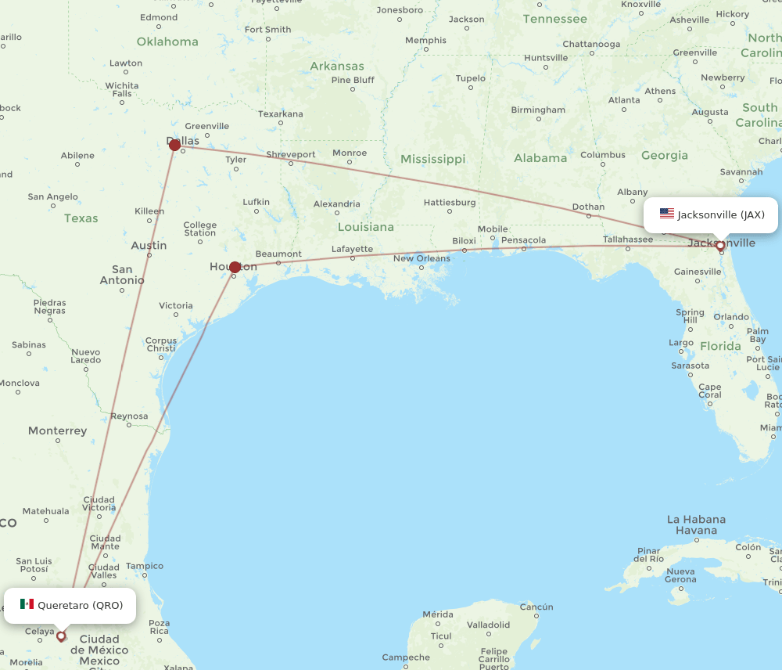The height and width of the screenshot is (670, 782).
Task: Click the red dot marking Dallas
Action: pos(175,145)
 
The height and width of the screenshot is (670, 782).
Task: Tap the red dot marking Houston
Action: pos(235,267)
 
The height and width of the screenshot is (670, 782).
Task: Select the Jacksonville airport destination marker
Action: pos(720,246)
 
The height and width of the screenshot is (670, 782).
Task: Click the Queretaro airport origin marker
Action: pos(61,636)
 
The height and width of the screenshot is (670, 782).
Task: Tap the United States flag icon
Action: pos(666,214)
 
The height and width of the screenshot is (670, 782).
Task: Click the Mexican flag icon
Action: pos(27,604)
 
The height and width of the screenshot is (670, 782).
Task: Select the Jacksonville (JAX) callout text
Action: pos(721,214)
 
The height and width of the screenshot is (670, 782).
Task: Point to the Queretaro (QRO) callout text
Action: pos(80,605)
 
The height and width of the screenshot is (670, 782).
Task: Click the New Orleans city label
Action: pos(421,258)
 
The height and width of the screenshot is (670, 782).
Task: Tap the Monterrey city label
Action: pos(57,430)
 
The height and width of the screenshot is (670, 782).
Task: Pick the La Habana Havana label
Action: pos(696,524)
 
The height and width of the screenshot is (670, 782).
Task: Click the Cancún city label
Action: pos(536,607)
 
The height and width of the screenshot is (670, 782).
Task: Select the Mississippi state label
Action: pos(432,159)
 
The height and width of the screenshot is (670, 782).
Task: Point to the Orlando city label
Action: pos(731,317)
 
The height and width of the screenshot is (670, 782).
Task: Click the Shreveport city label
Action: pos(291,154)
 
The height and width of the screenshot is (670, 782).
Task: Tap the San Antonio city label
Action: pos(122,274)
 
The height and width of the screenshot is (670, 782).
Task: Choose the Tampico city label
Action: pos(145,566)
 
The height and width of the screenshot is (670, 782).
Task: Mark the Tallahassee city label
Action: pos(628,239)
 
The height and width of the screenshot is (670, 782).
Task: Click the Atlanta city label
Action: pos(624,100)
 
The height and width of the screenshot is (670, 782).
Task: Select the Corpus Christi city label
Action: pos(161,344)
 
